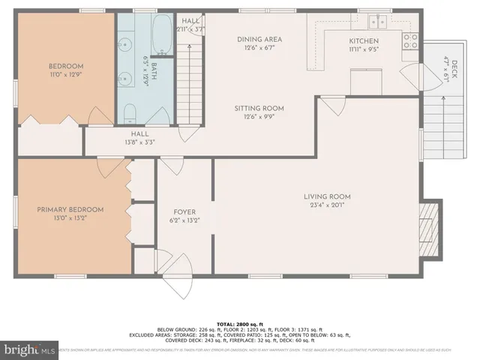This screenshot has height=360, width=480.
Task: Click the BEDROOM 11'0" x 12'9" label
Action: (66, 70)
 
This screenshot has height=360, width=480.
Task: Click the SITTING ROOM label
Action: (259, 112)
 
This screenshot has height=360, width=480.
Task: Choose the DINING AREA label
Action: (259, 43)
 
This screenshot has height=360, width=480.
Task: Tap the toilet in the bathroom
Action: (129, 115)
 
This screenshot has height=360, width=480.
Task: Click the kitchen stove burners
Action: (410, 40)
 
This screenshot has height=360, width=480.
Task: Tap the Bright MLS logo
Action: (30, 349)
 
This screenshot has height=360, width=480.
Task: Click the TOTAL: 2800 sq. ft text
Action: (239, 319)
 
